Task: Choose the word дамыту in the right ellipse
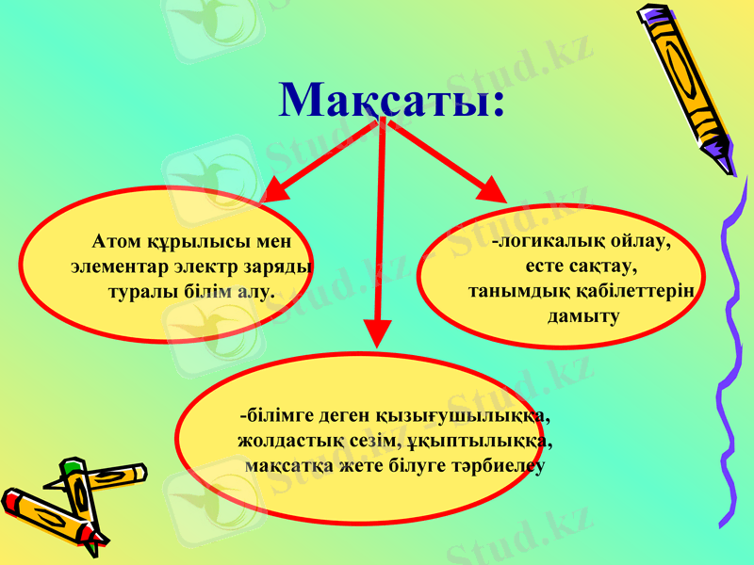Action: (x=583, y=315)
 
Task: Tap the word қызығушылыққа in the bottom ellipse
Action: (x=452, y=414)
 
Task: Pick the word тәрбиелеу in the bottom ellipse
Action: (x=491, y=464)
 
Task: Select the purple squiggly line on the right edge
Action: (x=731, y=358)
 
